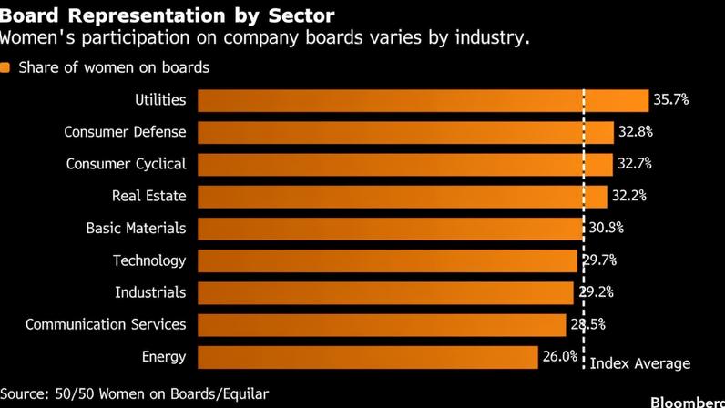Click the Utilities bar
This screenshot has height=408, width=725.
pos(424,100)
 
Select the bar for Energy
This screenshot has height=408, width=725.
pos(368,357)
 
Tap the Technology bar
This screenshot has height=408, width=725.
pos(387,260)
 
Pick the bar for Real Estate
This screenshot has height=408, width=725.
pos(403,197)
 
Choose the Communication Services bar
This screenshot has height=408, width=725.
pos(382,325)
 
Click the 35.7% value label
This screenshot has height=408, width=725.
pos(671,99)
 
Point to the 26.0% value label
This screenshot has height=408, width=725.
pos(560,356)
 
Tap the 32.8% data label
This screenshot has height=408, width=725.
pos(636,132)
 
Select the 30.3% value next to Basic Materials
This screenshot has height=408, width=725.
pos(607,228)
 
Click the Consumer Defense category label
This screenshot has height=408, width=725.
pos(125,132)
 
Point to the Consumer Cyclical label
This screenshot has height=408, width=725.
pos(126,164)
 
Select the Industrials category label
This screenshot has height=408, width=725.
pos(150,292)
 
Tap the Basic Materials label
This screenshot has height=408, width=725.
pos(136,228)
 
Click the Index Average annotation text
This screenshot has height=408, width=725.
pos(640,363)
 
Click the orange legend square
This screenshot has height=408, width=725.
pos(5,67)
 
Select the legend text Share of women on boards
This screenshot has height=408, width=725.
pos(114,67)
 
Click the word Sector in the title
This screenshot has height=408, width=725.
pos(301,15)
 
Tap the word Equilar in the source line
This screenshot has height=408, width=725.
pos(246,393)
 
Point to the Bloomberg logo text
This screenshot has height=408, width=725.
pos(688,402)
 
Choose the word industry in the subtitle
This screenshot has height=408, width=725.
pos(492,37)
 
